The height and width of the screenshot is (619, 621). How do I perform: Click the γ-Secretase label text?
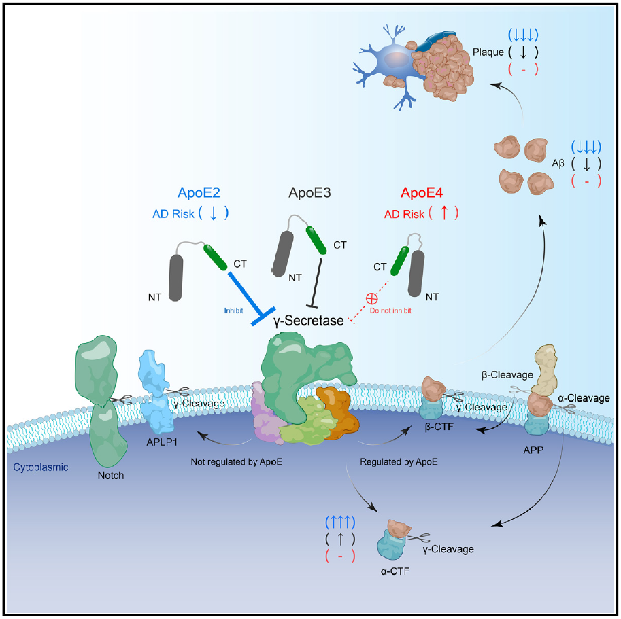pyautogui.click(x=308, y=319)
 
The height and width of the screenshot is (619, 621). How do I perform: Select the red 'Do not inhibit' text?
pyautogui.click(x=390, y=310)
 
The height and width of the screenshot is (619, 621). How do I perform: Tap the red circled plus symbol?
pyautogui.click(x=371, y=298)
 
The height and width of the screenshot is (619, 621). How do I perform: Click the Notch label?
pyautogui.click(x=110, y=475)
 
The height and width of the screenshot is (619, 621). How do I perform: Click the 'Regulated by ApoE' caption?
pyautogui.click(x=399, y=461)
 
